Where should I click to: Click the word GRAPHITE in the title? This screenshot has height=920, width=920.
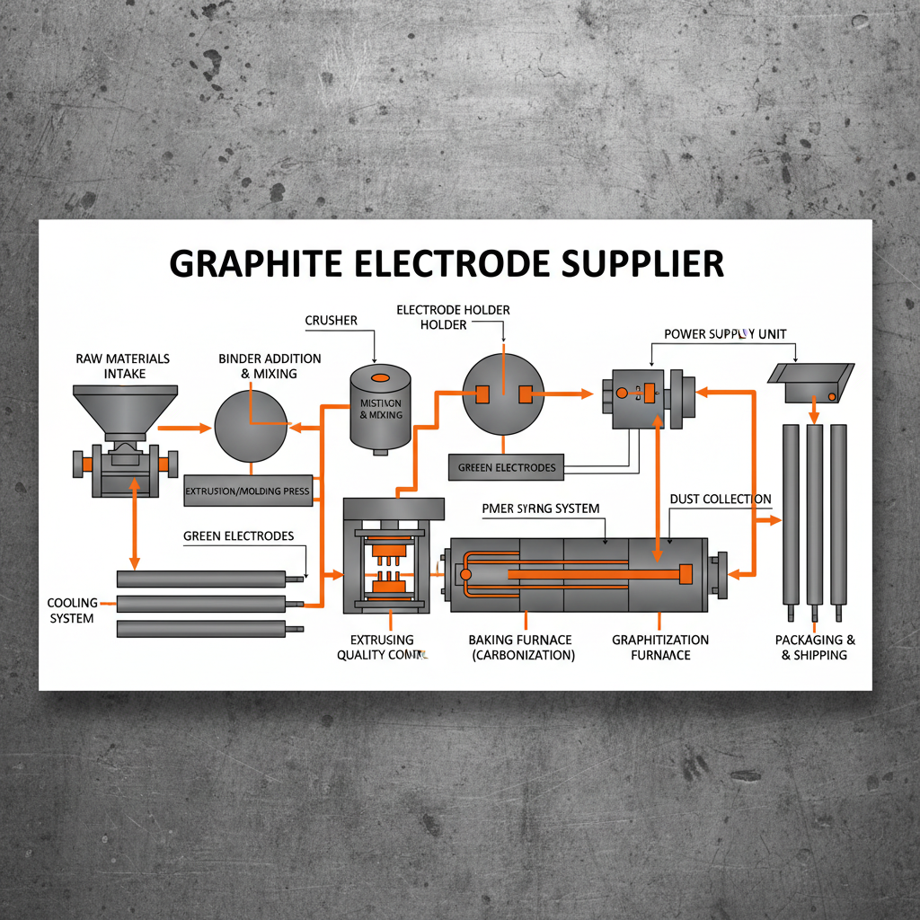click(x=253, y=263)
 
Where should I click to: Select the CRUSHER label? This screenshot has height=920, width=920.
click(x=331, y=321)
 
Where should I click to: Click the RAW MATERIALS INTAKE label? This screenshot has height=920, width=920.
click(x=123, y=366)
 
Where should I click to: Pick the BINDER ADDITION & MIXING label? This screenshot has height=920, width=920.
click(x=258, y=366)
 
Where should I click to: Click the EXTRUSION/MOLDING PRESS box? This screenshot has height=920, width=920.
click(x=246, y=491)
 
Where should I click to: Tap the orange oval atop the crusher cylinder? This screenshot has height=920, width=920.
click(x=380, y=377)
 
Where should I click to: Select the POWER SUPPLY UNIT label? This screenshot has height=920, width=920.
click(x=725, y=334)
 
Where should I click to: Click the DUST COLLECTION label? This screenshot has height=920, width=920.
click(x=721, y=499)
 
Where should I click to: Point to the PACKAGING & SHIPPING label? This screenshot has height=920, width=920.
click(x=814, y=647)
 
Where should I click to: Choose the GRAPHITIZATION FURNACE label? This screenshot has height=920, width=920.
click(x=660, y=647)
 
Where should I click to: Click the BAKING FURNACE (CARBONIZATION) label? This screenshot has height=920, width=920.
click(x=520, y=647)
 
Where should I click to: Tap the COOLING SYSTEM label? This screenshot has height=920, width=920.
click(x=71, y=610)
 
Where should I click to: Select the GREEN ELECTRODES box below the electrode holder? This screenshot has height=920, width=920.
click(x=507, y=467)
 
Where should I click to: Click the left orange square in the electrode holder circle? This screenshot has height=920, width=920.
click(x=481, y=393)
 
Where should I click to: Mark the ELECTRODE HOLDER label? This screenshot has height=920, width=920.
click(x=453, y=316)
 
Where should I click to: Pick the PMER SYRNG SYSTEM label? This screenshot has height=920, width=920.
click(x=540, y=509)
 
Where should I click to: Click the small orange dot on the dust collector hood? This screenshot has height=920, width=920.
click(x=832, y=396)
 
